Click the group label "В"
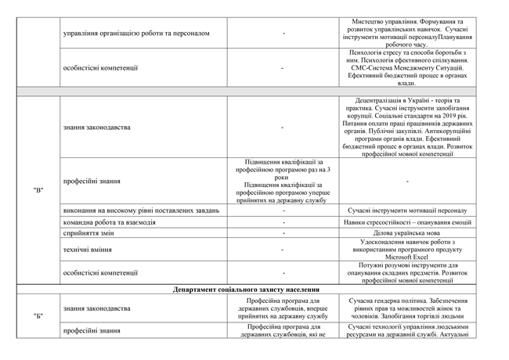click(x=38, y=190)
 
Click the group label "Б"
click(x=38, y=315)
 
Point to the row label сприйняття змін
click(x=88, y=233)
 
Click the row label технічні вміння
click(x=85, y=250)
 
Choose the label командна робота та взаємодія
click(x=109, y=222)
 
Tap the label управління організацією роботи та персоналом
click(x=136, y=34)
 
